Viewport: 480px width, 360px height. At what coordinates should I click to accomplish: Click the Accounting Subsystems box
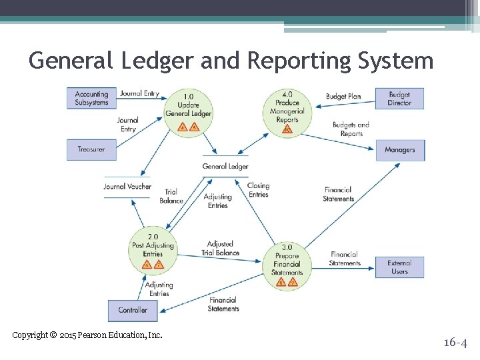(91, 98)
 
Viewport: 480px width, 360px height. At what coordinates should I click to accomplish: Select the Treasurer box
(91, 149)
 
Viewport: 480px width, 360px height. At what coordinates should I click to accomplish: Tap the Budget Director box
(399, 99)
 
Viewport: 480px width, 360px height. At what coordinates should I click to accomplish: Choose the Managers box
(400, 150)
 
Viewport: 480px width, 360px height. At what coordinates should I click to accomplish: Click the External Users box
(399, 267)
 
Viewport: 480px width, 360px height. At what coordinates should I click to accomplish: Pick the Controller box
(133, 310)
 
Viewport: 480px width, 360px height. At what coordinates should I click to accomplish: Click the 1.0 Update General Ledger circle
(189, 112)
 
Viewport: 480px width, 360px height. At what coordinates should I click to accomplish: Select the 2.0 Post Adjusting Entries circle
(153, 251)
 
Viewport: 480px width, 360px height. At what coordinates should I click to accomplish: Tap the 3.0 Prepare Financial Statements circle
(287, 265)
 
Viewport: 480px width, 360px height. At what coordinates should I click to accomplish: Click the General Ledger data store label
(225, 167)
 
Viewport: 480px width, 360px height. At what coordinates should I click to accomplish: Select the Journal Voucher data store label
(127, 187)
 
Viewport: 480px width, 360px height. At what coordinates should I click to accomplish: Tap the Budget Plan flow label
(343, 97)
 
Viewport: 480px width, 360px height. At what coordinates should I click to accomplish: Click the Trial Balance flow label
(171, 196)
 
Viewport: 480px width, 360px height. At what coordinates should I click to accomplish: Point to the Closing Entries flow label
(258, 190)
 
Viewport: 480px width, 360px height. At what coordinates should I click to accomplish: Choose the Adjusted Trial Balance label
(220, 249)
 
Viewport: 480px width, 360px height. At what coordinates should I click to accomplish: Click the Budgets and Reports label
(351, 129)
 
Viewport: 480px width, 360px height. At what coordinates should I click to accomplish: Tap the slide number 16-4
(455, 343)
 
